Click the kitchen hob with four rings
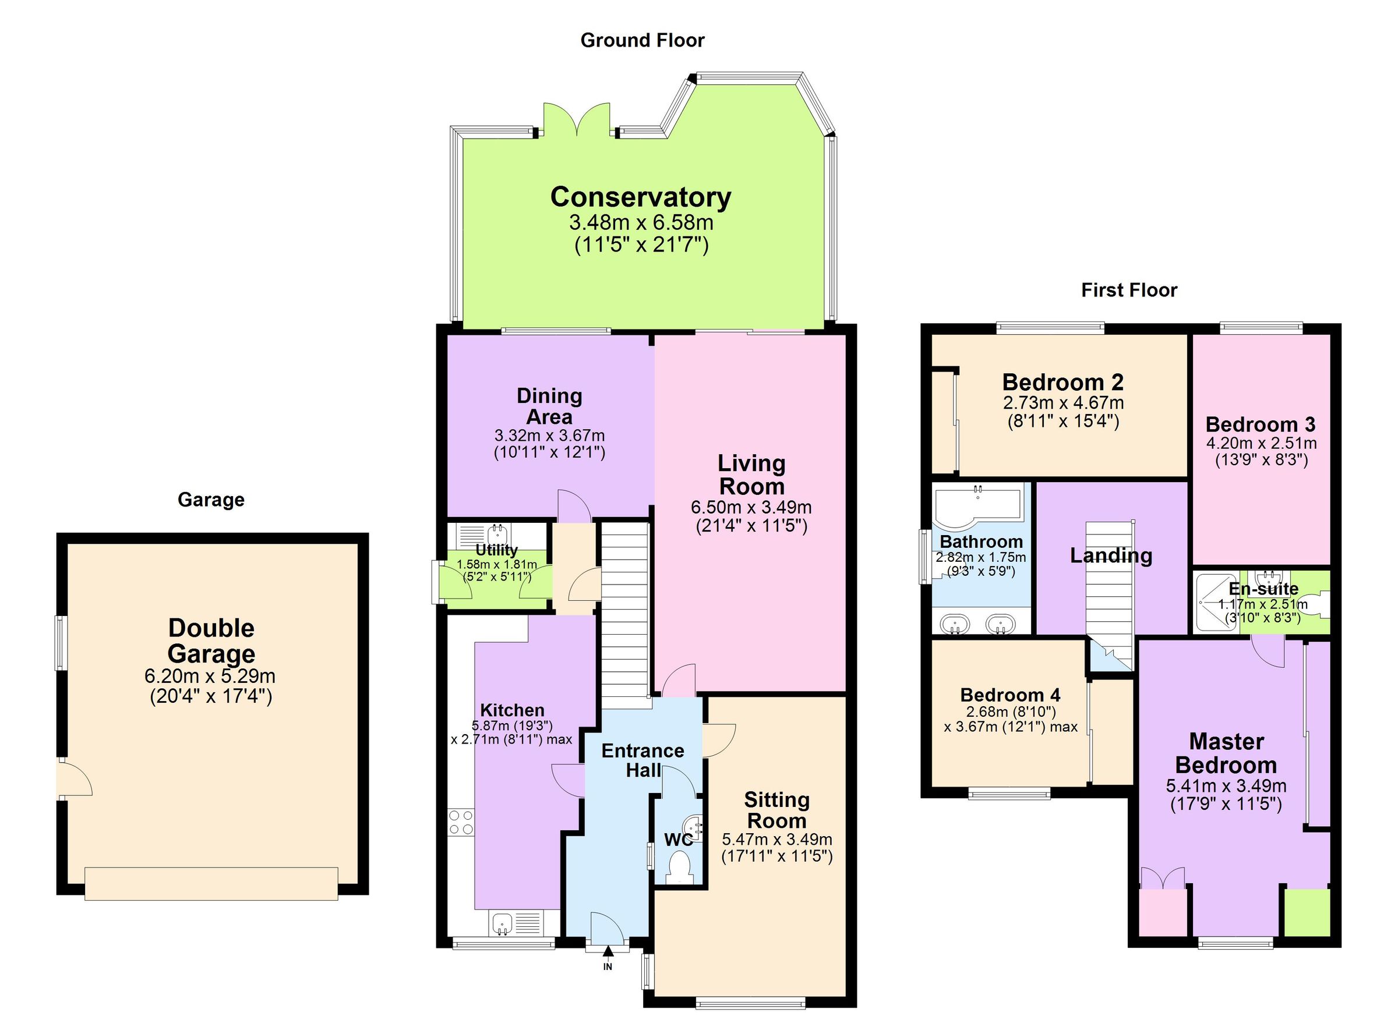[x=461, y=823]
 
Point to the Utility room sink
[x=497, y=533]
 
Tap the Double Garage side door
[x=73, y=780]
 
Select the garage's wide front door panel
[x=211, y=883]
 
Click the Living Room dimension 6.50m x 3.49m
[x=751, y=508]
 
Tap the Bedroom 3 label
[x=1260, y=424]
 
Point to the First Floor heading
[x=1129, y=290]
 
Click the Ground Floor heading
[x=642, y=41]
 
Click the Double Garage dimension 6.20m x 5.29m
[x=210, y=676]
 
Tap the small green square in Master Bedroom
[x=1307, y=912]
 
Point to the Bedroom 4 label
[x=1010, y=695]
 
